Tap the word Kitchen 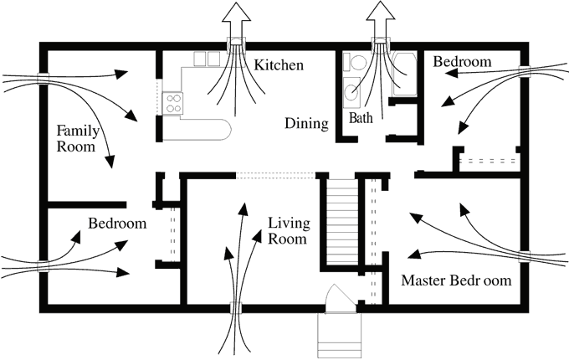point(279,64)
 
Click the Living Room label point(289,230)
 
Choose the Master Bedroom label point(456,280)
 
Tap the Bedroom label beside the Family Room point(117,224)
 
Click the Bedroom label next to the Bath point(462,62)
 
